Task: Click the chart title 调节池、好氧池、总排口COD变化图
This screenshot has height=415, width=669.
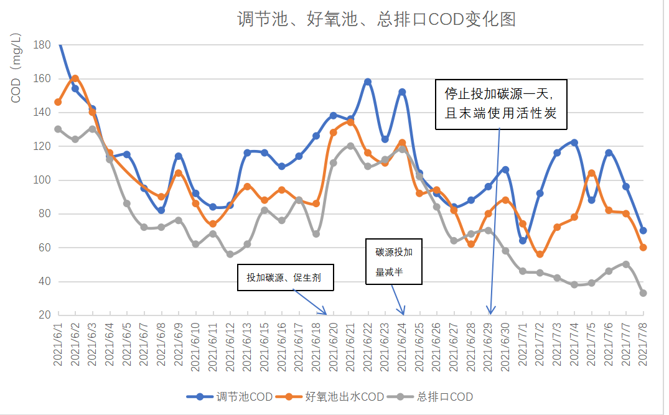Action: pyautogui.click(x=377, y=19)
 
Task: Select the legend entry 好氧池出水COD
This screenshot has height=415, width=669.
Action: pyautogui.click(x=344, y=396)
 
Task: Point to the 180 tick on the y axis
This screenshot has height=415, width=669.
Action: pyautogui.click(x=42, y=45)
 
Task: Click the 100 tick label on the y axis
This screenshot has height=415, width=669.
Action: pyautogui.click(x=42, y=180)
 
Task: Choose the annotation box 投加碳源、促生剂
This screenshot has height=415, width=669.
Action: pyautogui.click(x=286, y=277)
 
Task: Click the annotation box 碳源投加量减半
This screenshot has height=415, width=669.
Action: pyautogui.click(x=393, y=262)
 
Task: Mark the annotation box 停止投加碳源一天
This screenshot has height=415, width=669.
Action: pyautogui.click(x=501, y=104)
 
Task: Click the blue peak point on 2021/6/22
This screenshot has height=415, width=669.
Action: pyautogui.click(x=368, y=82)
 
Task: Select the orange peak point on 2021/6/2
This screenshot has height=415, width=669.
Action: pyautogui.click(x=75, y=78)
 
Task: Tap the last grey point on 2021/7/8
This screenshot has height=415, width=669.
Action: pyautogui.click(x=643, y=293)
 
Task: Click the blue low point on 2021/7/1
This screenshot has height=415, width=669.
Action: pyautogui.click(x=523, y=241)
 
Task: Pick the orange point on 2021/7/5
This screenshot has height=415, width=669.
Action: pyautogui.click(x=591, y=173)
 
